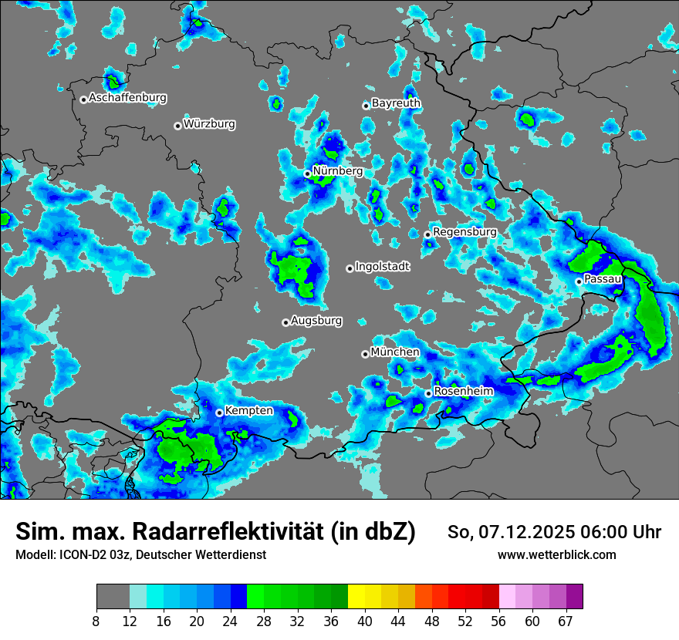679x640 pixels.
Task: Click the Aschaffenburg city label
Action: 127,98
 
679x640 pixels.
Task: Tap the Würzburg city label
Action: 209,124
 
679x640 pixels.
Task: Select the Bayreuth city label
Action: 396,103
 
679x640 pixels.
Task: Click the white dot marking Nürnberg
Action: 307,174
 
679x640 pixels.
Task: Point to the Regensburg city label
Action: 464,231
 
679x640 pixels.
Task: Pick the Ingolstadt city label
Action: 383,266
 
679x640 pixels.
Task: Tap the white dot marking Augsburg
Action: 285,322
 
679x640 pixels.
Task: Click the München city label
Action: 395,352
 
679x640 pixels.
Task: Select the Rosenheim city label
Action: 464,391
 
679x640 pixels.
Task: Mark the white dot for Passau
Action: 579,281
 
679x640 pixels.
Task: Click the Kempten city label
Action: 248,410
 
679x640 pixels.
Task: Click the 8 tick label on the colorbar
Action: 96,621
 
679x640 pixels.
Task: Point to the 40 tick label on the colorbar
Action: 365,621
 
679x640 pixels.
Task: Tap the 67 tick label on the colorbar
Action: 566,621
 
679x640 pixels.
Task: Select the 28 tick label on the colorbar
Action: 264,621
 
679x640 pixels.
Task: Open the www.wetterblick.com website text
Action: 556,555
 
